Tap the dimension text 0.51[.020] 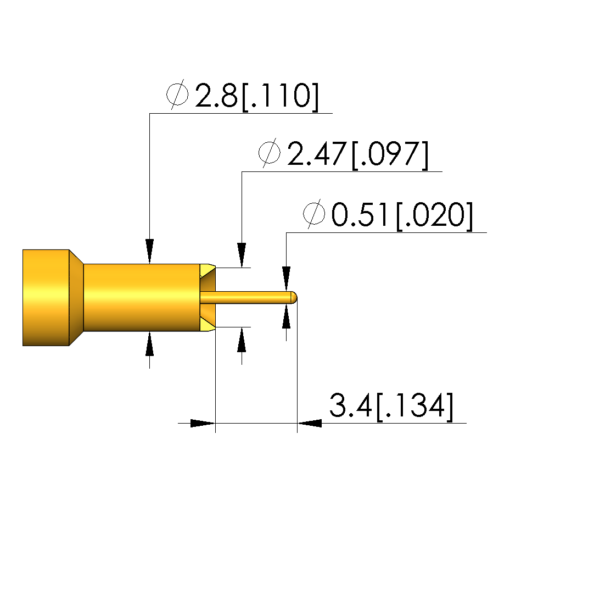402,215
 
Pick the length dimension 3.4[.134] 391,405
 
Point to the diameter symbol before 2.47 270,153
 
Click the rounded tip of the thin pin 294,297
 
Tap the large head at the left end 46,298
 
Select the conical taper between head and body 76,298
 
